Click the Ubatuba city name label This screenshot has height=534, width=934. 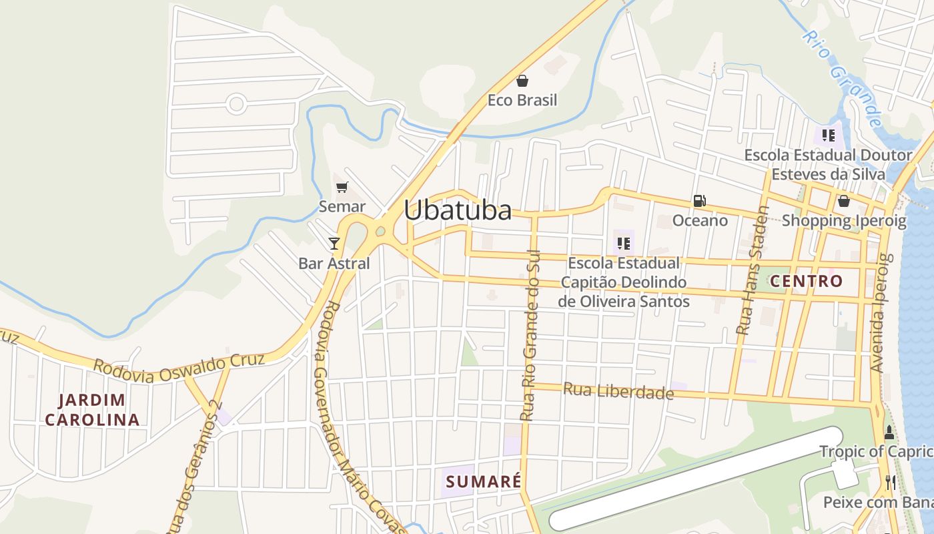tap(458, 210)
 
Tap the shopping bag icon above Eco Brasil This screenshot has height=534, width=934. tap(522, 81)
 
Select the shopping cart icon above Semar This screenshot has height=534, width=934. tap(342, 188)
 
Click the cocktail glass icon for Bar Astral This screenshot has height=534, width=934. tap(334, 243)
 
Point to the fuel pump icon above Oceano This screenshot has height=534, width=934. tap(699, 200)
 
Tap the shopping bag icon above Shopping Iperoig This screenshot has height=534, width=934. tap(844, 200)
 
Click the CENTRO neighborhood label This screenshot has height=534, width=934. tap(806, 281)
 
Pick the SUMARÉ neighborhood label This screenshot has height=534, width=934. tap(483, 481)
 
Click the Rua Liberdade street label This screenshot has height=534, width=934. tap(618, 391)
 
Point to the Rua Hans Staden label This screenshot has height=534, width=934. tap(753, 270)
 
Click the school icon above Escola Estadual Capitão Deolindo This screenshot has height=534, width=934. tap(624, 243)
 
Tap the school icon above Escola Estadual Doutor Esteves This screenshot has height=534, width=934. tap(829, 136)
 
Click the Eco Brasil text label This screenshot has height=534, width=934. tap(522, 100)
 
